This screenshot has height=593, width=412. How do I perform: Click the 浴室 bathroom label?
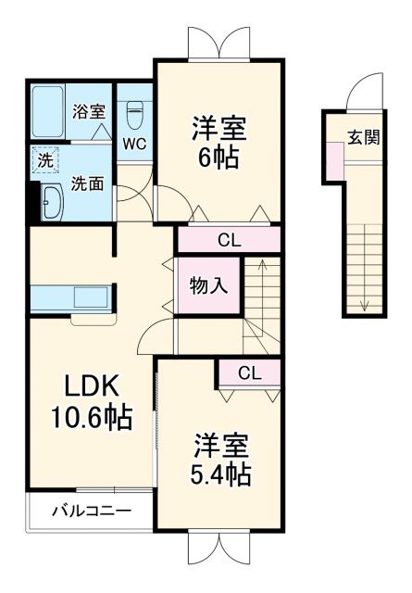click(89, 111)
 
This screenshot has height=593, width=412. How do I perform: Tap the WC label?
click(132, 144)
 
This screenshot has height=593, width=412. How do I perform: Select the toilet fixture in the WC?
click(132, 113)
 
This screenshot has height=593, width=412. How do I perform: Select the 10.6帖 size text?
click(90, 416)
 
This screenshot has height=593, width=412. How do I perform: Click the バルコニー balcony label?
click(90, 510)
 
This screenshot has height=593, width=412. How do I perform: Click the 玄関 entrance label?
click(363, 137)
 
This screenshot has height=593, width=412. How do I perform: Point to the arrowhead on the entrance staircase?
click(365, 306)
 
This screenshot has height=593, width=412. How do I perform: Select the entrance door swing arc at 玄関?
click(357, 95)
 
